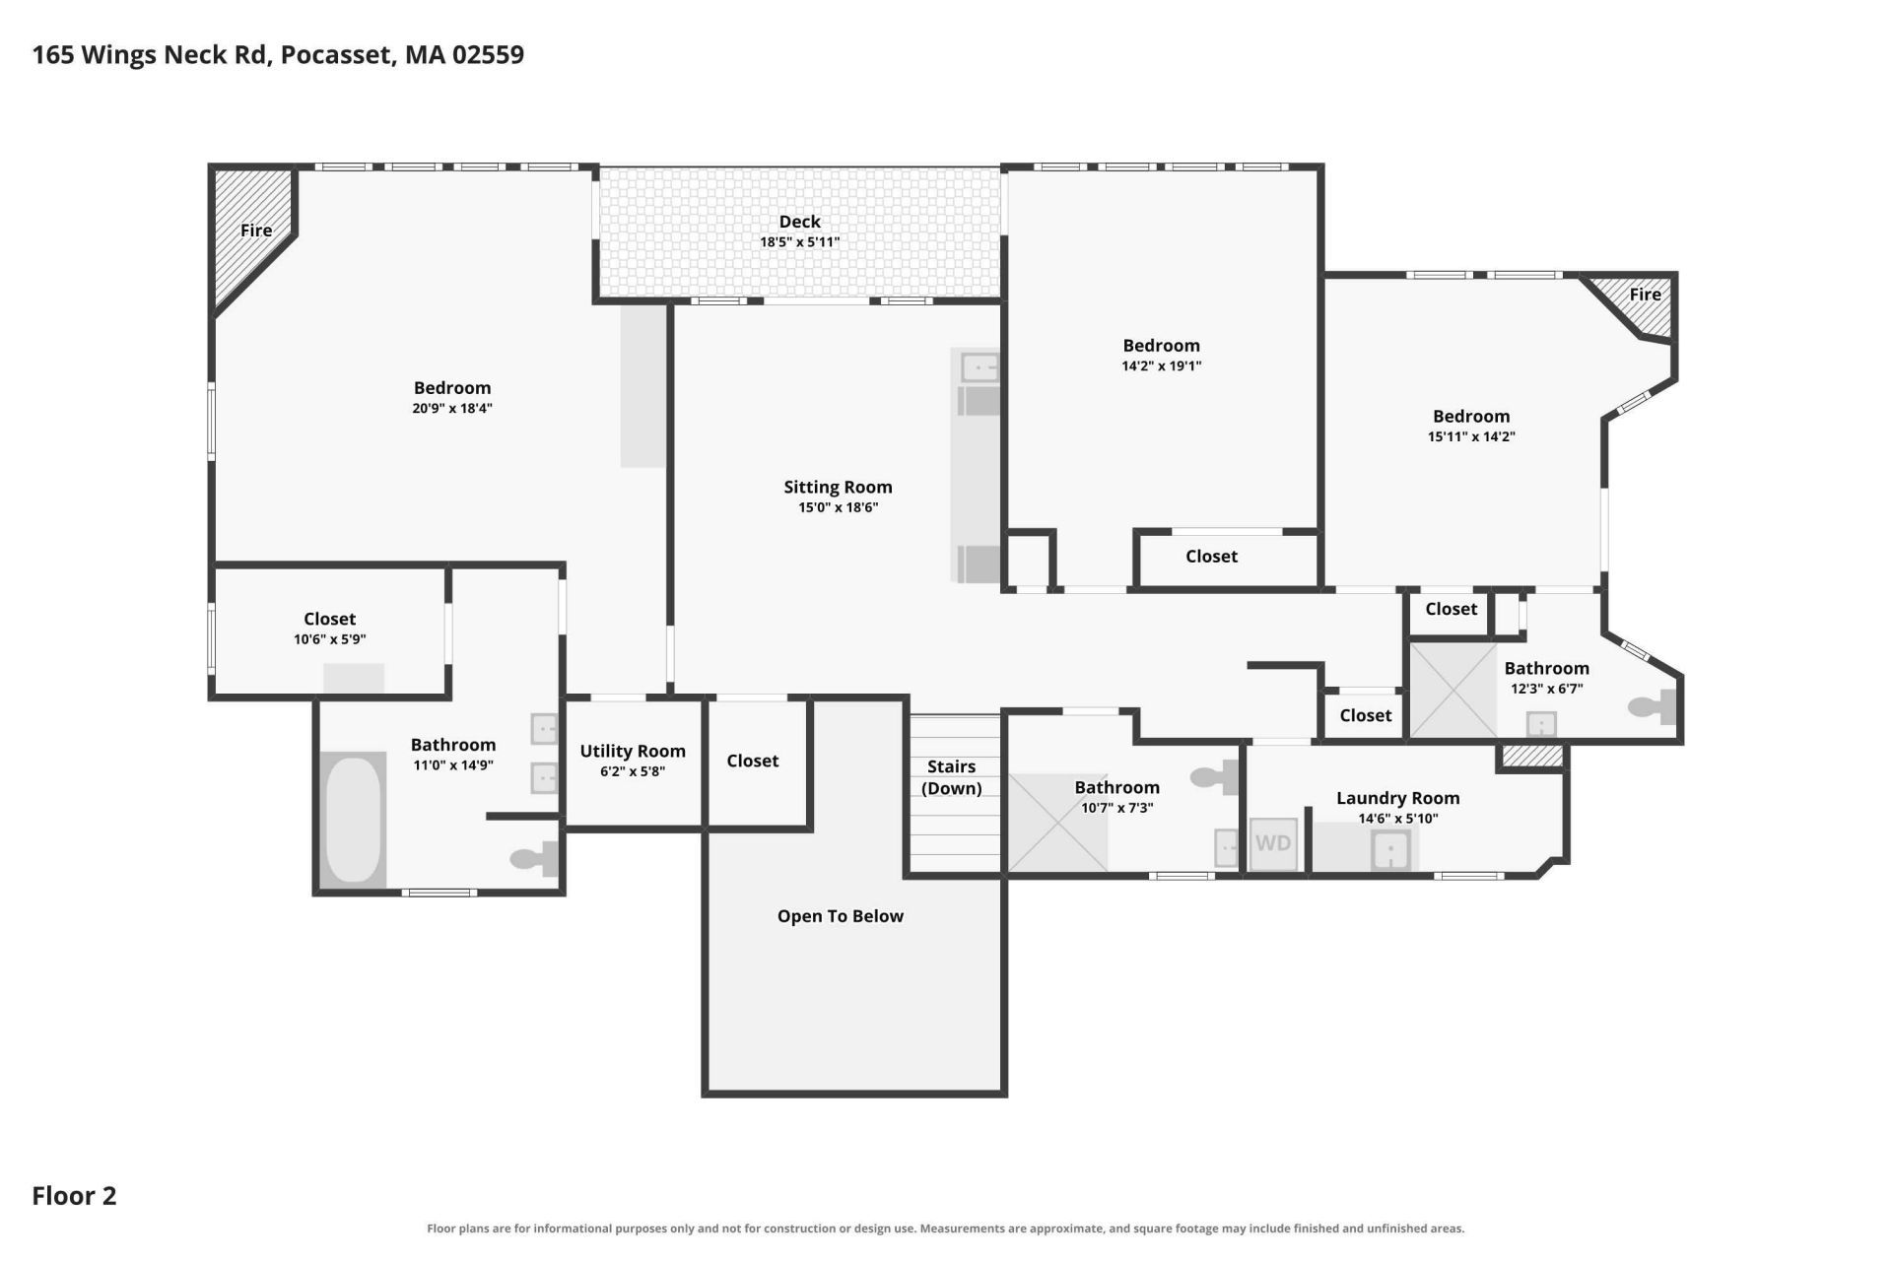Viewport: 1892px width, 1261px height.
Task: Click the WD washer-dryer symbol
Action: click(x=1273, y=844)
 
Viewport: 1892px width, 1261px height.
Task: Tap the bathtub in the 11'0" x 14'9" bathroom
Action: click(x=353, y=820)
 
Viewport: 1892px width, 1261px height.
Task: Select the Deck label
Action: click(x=799, y=222)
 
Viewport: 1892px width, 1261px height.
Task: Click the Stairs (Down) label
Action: click(x=951, y=777)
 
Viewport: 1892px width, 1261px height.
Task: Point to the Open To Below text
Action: click(x=840, y=916)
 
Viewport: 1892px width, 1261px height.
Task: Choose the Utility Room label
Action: click(x=633, y=751)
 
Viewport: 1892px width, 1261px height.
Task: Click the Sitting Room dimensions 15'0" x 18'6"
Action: click(x=838, y=508)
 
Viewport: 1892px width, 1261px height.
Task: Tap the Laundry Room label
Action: click(x=1397, y=798)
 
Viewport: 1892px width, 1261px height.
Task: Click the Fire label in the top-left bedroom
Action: click(x=256, y=231)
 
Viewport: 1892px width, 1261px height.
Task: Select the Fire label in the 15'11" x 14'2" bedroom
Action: click(x=1645, y=295)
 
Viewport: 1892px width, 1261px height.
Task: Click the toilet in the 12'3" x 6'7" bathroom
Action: click(x=1652, y=706)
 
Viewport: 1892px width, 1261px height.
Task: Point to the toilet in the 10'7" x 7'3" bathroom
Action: click(x=1214, y=777)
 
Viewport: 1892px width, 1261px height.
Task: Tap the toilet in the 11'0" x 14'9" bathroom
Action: click(x=534, y=859)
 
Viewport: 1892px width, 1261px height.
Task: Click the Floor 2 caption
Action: click(x=74, y=1196)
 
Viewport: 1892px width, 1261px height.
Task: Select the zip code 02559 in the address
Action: click(x=488, y=54)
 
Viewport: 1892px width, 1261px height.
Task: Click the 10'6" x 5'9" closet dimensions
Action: click(x=329, y=639)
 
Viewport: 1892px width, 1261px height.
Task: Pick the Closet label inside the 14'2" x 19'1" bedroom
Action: click(x=1211, y=557)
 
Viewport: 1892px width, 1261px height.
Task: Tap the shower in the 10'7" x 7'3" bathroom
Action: click(x=1057, y=823)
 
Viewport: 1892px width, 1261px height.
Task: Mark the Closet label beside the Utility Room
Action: click(x=753, y=761)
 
